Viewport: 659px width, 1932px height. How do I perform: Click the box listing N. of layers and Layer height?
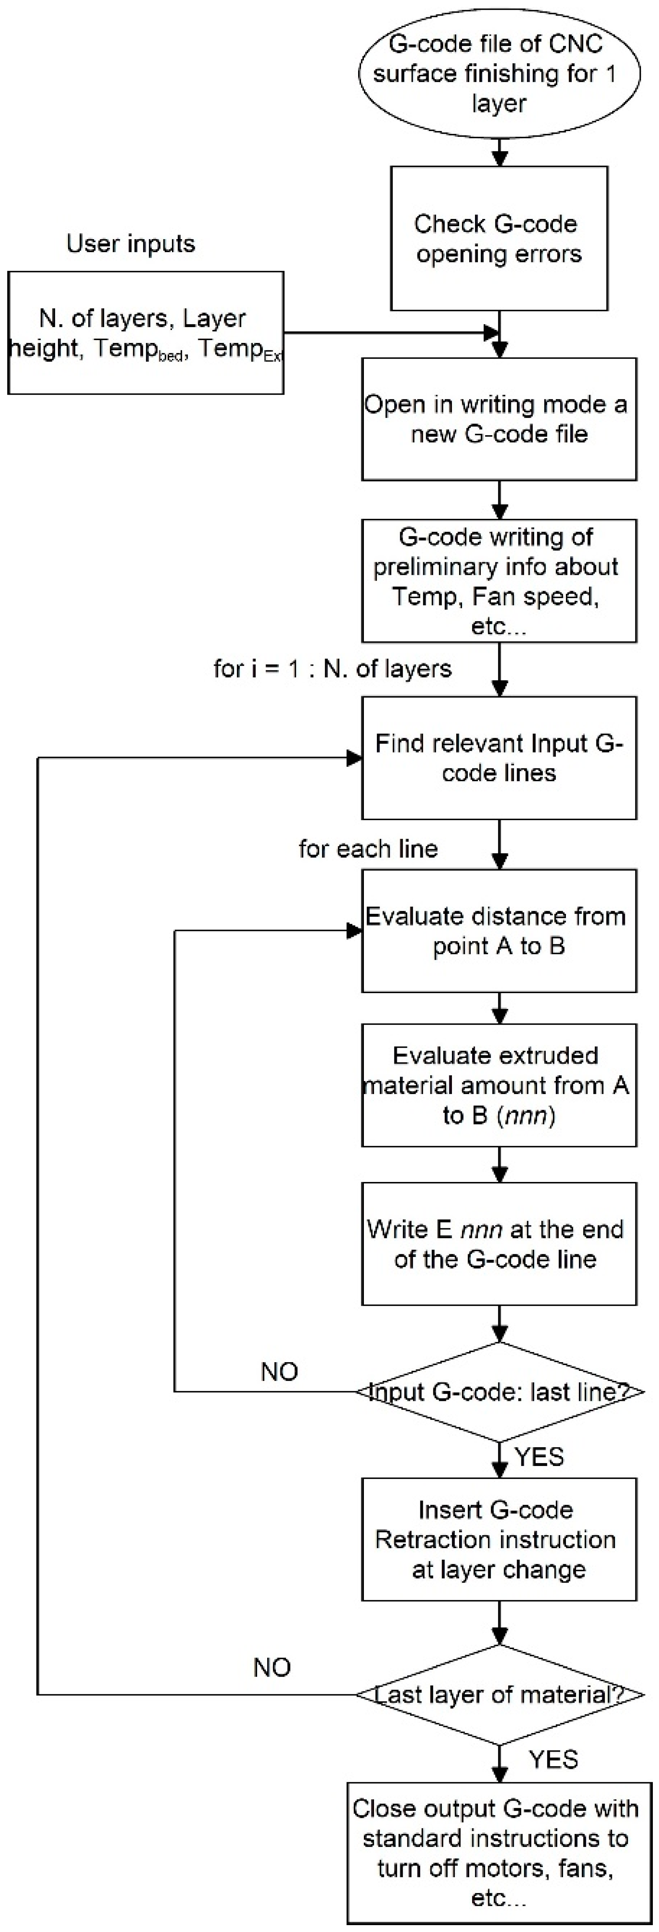(146, 333)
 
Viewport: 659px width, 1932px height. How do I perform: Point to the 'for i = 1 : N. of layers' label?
(332, 668)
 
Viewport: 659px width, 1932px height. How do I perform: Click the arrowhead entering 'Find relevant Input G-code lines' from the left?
(354, 758)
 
